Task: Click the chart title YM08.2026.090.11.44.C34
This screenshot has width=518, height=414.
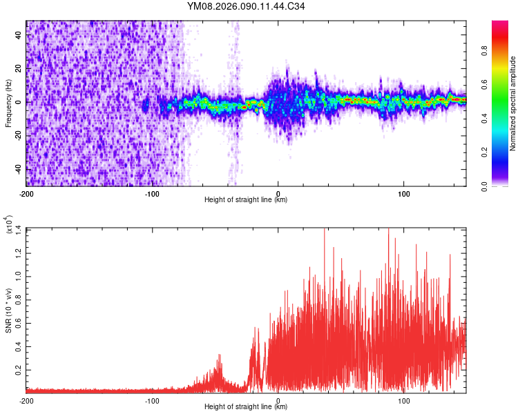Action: pos(247,7)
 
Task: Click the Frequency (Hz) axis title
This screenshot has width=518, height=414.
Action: pos(9,103)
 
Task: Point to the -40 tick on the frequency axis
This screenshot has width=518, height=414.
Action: pos(17,170)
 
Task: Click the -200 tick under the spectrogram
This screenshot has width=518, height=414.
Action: pos(27,194)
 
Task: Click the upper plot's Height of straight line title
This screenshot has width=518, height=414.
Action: pos(246,201)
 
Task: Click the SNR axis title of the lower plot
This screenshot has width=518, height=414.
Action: pos(9,310)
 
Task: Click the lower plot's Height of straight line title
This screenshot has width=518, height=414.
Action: pos(246,408)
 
